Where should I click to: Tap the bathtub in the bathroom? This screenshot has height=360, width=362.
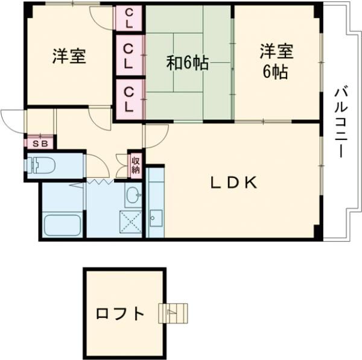(x=62, y=225)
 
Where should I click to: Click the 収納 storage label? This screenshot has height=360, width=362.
(x=136, y=165)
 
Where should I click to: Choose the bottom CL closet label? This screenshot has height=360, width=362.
(x=129, y=99)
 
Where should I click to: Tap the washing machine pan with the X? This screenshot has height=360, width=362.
(x=130, y=222)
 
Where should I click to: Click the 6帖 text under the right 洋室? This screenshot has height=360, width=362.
(x=275, y=72)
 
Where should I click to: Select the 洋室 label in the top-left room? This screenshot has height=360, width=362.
(x=68, y=56)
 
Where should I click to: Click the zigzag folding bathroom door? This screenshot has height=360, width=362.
(x=97, y=181)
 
